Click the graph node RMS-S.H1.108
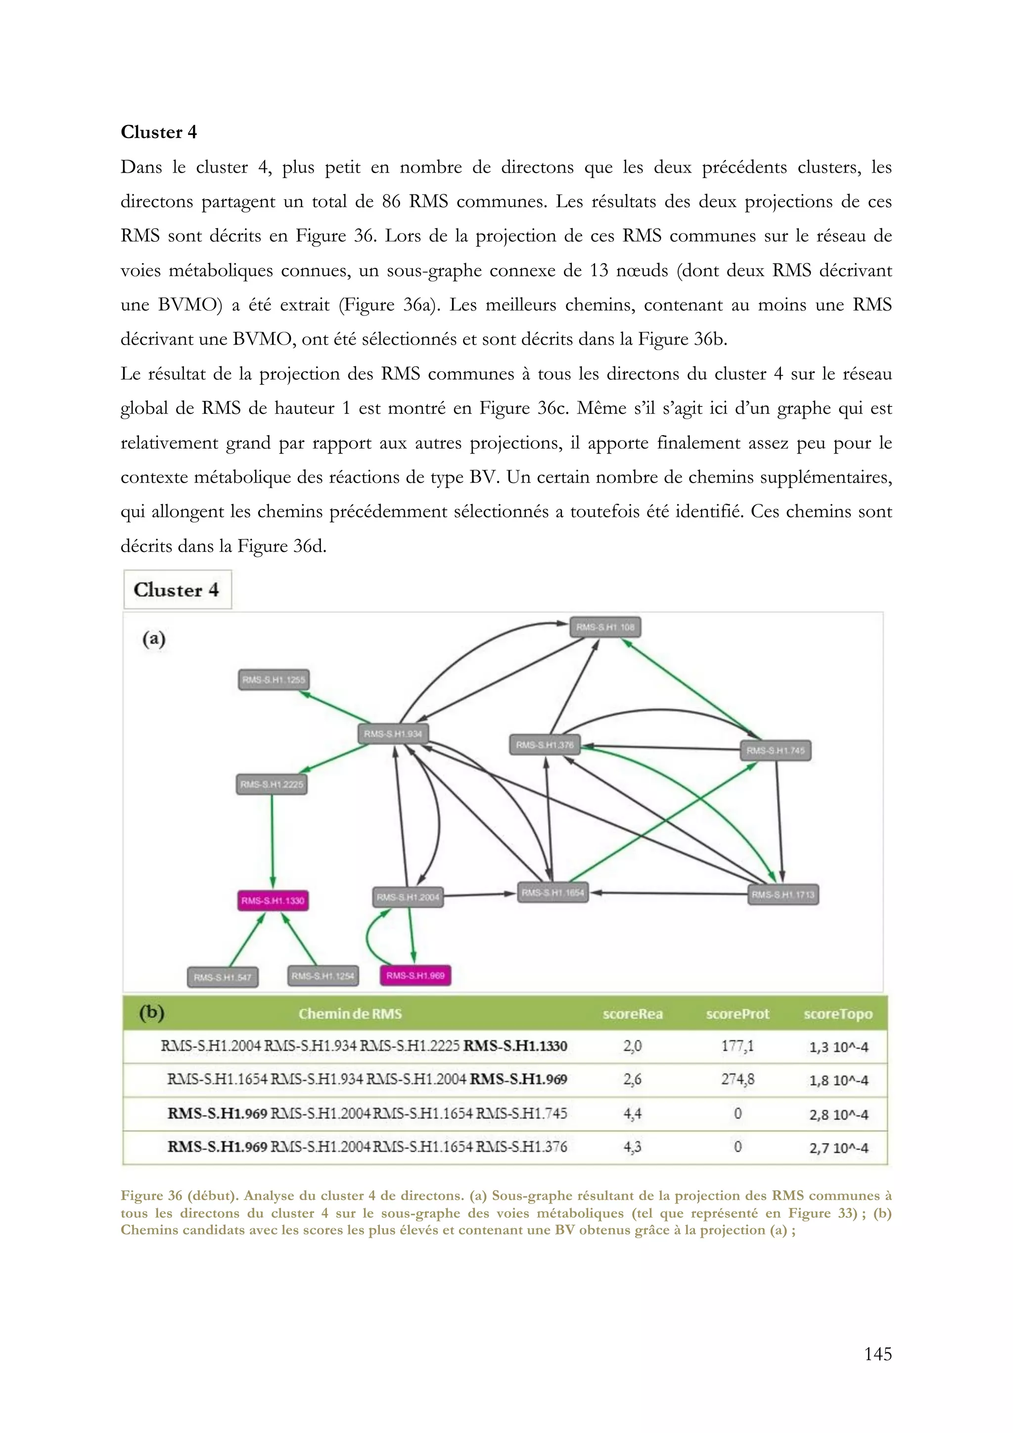tap(605, 627)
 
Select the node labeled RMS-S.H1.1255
tap(274, 680)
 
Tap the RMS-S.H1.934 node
tap(393, 734)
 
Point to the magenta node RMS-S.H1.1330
tap(273, 900)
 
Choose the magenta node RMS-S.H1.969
tap(415, 976)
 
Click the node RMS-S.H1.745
tap(775, 750)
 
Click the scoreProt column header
tap(737, 1014)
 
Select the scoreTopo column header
tap(837, 1014)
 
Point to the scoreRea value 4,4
tap(632, 1114)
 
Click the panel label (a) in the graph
tap(153, 638)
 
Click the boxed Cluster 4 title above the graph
tap(177, 590)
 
